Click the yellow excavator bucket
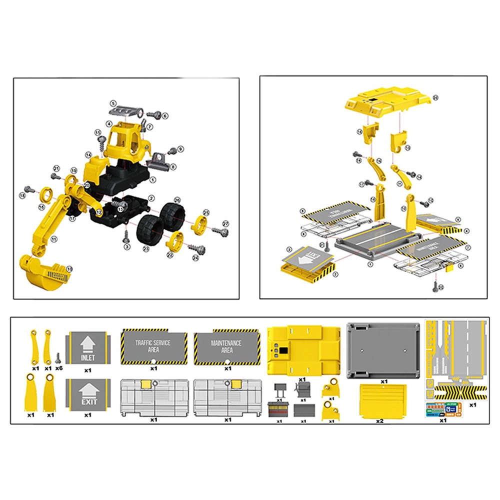44,273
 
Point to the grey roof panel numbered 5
123,111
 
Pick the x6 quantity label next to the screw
59,368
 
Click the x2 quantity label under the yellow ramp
379,421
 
